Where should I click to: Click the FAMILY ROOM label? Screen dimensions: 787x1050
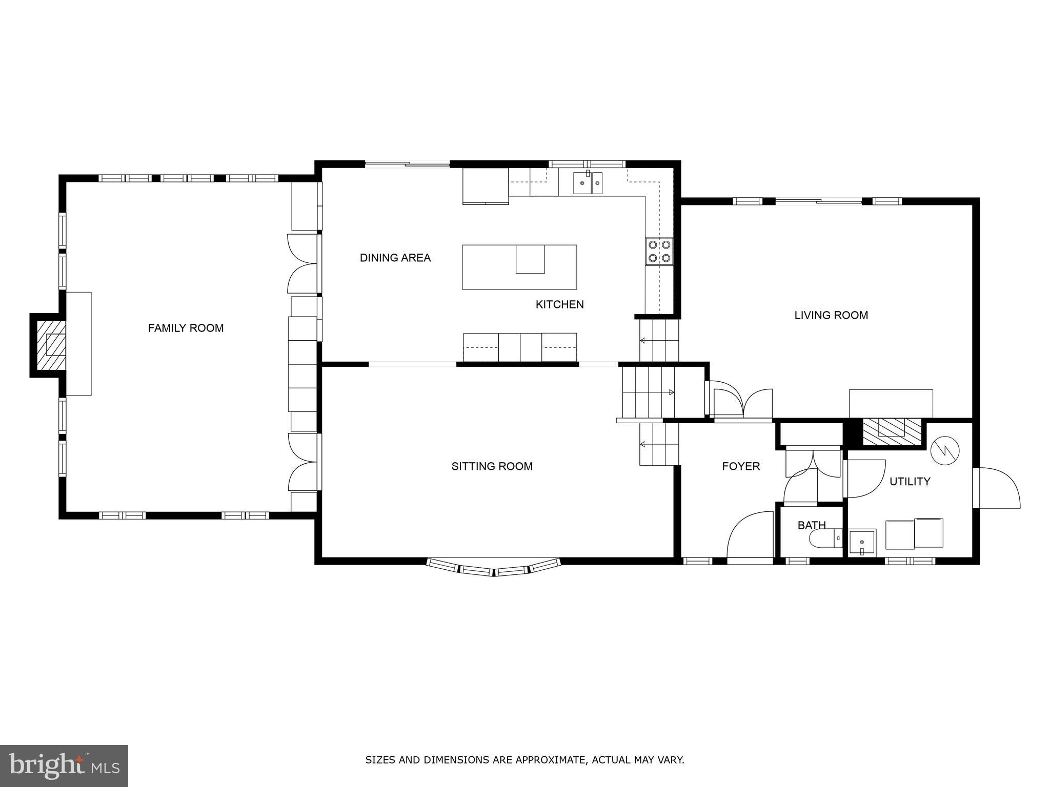[186, 328]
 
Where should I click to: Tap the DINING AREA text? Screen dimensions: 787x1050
[395, 258]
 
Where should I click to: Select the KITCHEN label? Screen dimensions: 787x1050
[559, 304]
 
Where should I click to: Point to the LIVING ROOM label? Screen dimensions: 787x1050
[831, 315]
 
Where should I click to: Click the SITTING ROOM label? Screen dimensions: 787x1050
[492, 466]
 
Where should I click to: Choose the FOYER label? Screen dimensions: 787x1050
[740, 466]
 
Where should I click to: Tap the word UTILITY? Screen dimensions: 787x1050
[910, 482]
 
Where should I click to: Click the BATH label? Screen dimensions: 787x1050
[811, 525]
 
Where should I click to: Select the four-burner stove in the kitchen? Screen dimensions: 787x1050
[659, 252]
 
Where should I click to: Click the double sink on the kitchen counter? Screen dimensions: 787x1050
[588, 183]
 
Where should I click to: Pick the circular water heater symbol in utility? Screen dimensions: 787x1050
[944, 450]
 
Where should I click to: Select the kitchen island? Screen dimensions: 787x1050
[519, 267]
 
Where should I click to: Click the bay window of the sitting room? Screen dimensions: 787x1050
[493, 568]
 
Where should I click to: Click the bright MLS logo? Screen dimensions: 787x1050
[64, 765]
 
